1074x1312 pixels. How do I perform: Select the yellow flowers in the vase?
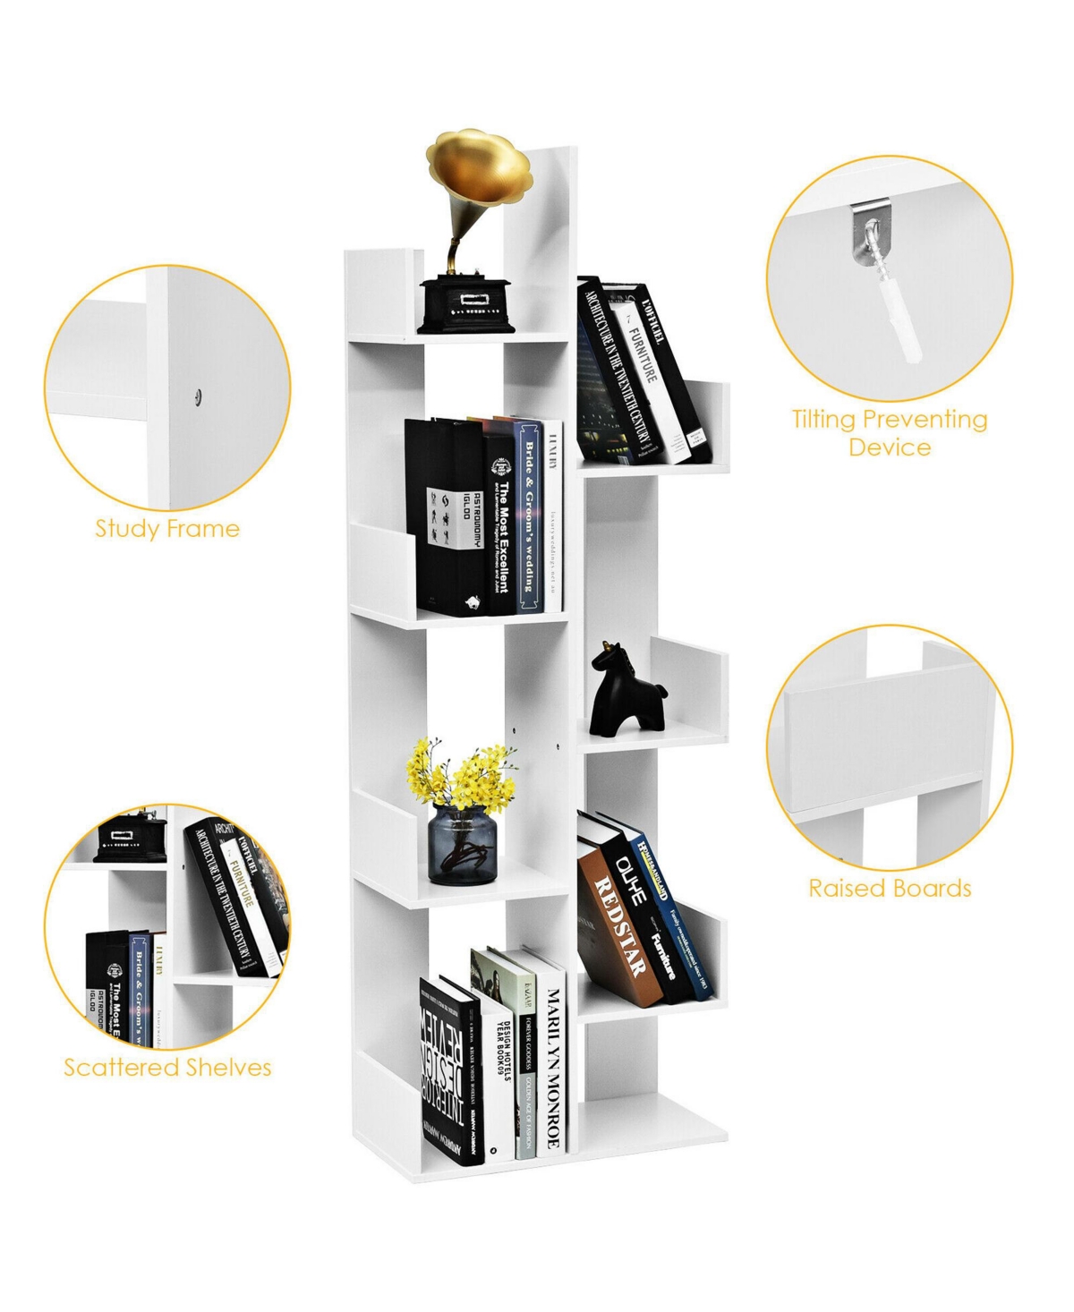tap(462, 775)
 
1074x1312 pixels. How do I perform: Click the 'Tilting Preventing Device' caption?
tap(890, 433)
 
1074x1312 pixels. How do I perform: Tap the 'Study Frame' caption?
tap(167, 528)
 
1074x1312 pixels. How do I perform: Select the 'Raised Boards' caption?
tap(890, 888)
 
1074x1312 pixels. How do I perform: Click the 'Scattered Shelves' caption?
tap(167, 1067)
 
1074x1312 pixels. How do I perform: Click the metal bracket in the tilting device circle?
tap(865, 235)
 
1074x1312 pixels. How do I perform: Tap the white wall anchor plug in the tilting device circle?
tap(903, 328)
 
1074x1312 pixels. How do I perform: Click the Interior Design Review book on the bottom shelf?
tap(451, 1074)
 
